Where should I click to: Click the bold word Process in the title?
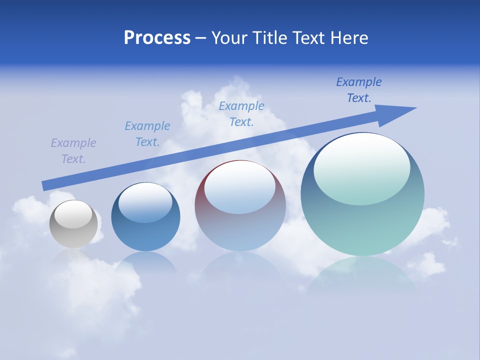[157, 38]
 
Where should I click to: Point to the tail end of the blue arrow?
[45, 185]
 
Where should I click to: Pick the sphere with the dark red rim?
[240, 225]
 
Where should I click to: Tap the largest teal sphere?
[362, 225]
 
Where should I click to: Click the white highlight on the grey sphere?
[73, 214]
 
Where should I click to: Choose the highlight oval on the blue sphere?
[145, 202]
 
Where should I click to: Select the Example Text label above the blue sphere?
[147, 134]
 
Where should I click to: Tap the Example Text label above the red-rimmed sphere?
[241, 114]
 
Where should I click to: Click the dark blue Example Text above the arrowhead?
[359, 90]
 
